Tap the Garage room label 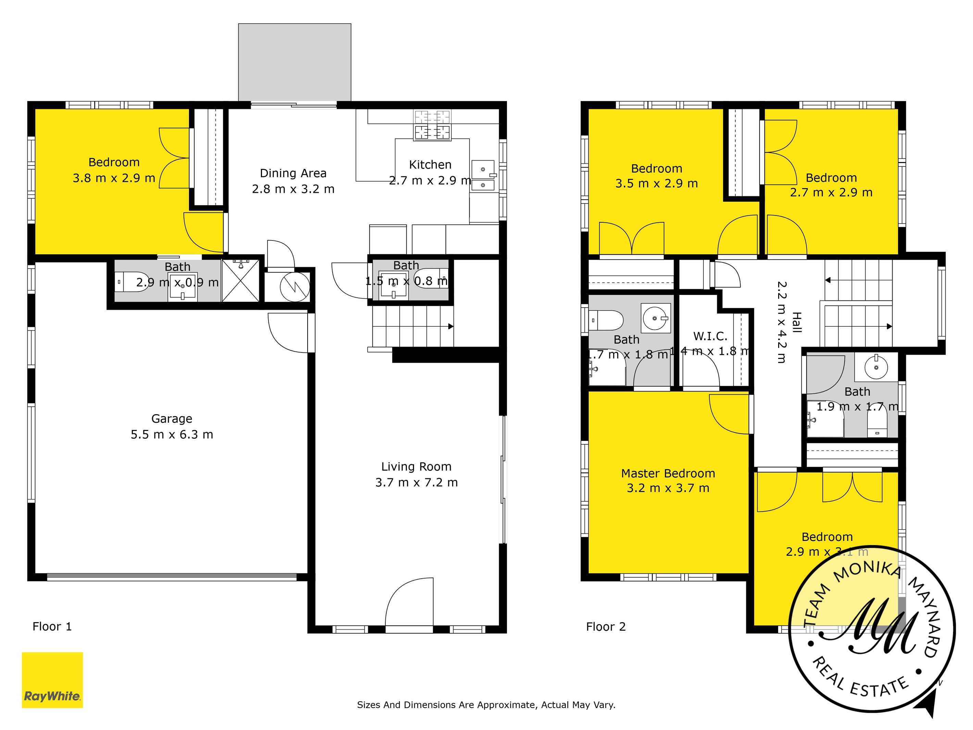point(172,419)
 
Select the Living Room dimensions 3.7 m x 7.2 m point(416,482)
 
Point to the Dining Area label point(293,173)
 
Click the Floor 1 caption point(52,626)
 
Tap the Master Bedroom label point(668,473)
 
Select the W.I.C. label point(710,336)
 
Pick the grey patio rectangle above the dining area point(294,62)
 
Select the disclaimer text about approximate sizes point(486,704)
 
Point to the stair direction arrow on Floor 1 point(450,326)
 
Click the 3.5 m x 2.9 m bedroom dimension point(656,184)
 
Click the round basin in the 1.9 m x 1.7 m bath point(876,367)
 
